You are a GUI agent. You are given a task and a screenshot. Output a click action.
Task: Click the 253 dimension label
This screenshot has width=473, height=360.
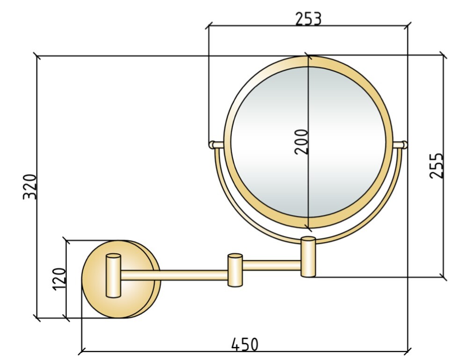[308, 19]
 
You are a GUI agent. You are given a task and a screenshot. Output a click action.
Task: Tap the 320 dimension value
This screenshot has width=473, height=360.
[30, 187]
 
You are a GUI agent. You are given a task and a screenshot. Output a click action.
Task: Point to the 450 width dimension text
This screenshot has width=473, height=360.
[245, 344]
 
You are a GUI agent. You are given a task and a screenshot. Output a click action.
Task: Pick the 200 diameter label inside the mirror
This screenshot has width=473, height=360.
[301, 142]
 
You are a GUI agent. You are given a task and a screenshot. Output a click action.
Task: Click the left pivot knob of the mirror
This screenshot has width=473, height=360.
[216, 145]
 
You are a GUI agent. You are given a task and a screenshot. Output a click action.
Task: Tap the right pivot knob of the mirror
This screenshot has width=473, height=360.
[400, 145]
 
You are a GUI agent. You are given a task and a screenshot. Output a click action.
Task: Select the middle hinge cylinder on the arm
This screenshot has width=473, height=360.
[235, 270]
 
